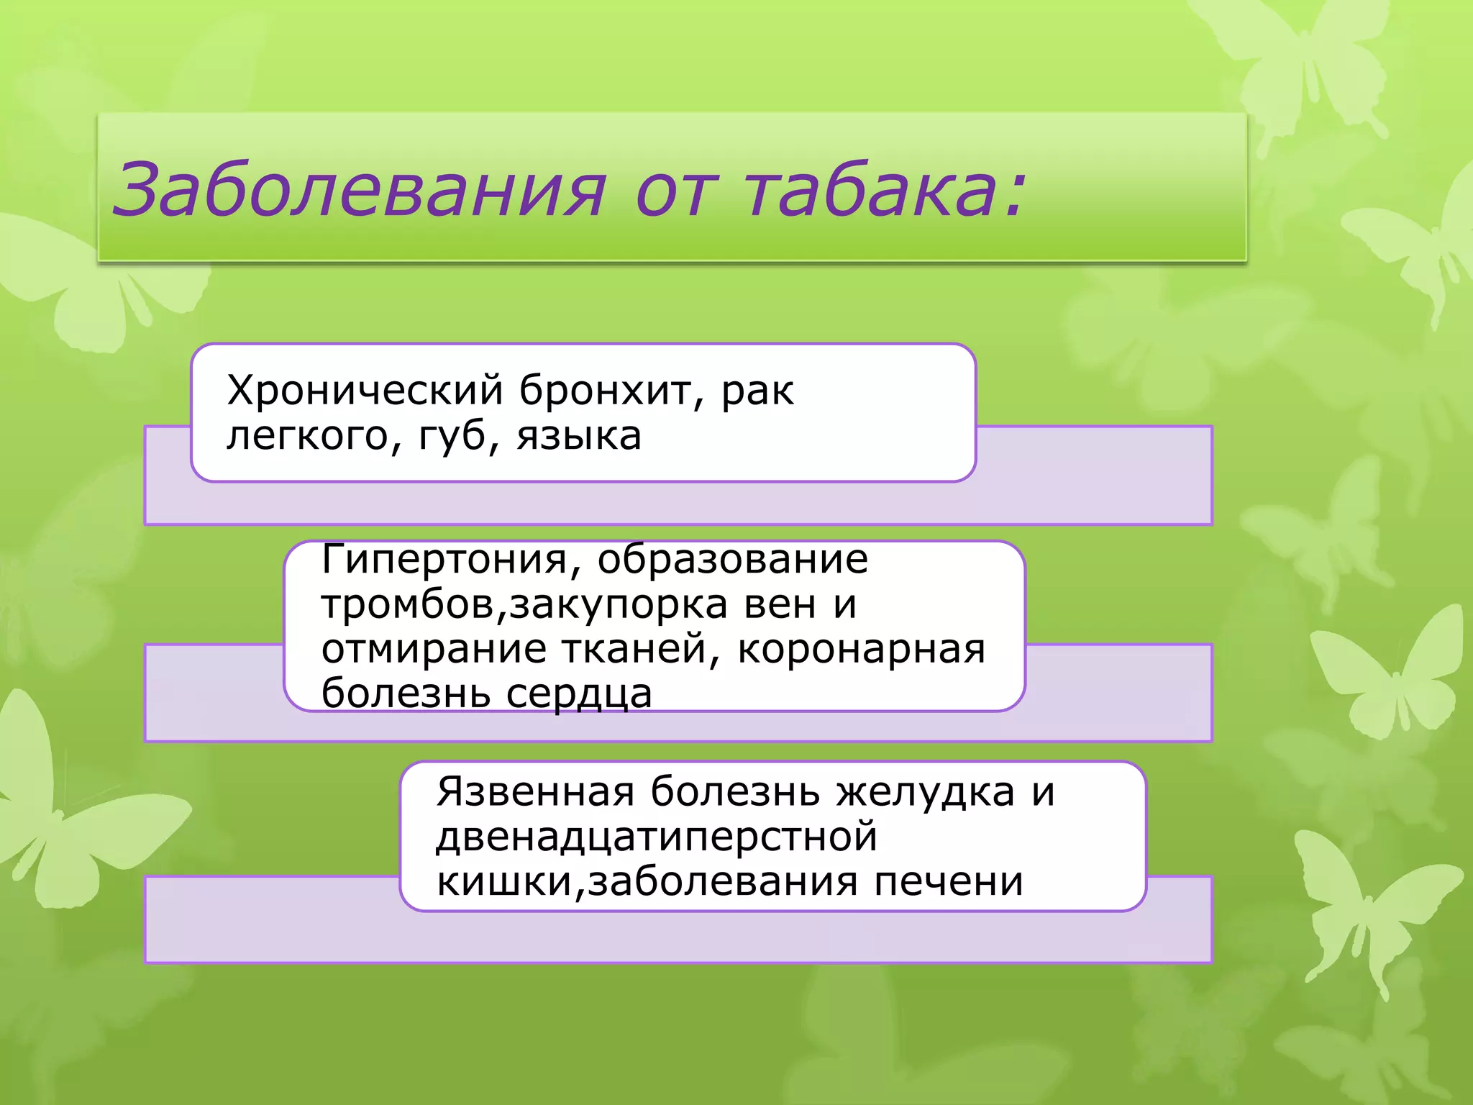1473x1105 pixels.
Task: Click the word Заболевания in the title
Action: click(360, 191)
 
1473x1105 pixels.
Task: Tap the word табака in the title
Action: click(870, 191)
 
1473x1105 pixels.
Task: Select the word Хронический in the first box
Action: click(365, 391)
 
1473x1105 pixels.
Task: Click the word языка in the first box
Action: click(579, 437)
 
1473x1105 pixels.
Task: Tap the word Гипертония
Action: click(444, 560)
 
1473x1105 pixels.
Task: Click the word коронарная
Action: click(861, 649)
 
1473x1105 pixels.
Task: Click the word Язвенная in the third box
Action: click(535, 792)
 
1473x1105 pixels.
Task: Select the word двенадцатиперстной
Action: click(657, 837)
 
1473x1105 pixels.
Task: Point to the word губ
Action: click(452, 437)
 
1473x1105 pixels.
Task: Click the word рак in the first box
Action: click(757, 391)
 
